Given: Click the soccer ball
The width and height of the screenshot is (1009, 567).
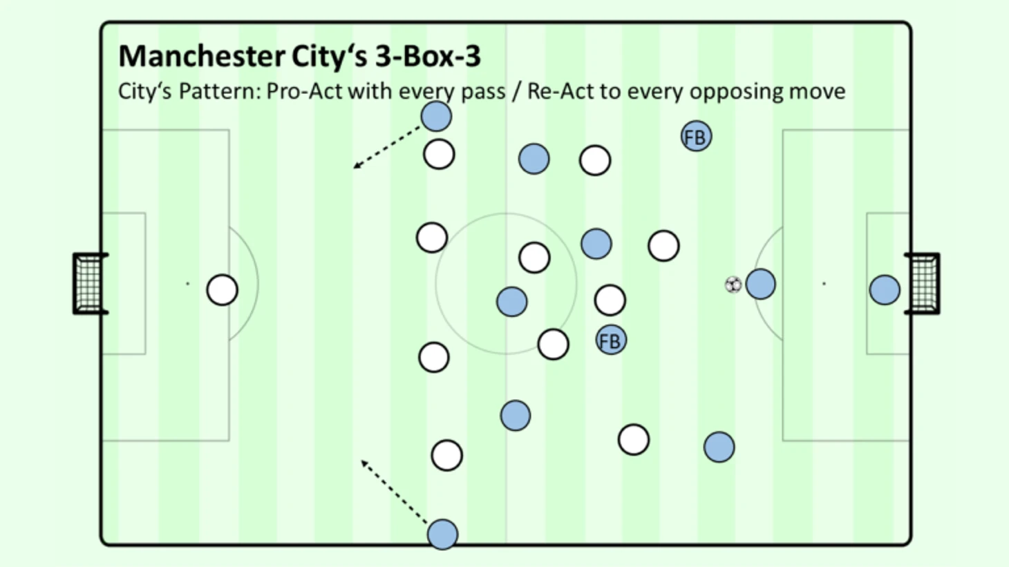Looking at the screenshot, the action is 733,285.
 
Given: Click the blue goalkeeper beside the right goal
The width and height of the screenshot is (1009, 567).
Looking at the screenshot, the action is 885,290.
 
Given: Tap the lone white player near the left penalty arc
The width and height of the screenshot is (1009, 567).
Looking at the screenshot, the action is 223,290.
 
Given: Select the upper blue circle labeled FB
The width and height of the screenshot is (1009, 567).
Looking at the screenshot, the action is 697,136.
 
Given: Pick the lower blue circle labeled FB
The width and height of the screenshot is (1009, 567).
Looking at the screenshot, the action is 611,340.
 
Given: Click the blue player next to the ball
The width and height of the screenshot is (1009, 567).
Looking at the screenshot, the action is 761,284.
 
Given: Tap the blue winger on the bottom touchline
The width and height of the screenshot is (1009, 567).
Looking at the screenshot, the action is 443,535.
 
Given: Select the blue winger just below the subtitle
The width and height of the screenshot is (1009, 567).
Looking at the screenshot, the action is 437,116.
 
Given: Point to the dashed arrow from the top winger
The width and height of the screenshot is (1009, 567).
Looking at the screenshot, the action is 386,148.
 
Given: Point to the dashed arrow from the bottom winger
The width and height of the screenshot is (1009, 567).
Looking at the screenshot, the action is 394,492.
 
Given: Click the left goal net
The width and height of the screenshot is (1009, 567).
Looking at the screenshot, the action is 90,283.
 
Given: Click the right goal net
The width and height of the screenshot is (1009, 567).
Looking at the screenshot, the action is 923,283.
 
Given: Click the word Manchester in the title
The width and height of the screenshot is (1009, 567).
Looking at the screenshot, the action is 202,56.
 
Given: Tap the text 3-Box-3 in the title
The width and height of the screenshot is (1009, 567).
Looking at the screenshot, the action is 428,56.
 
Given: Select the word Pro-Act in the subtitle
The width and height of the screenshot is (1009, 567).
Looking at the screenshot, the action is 305,91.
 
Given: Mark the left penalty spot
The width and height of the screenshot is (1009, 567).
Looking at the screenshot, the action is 188,283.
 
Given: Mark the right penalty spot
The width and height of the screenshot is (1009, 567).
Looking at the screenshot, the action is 824,283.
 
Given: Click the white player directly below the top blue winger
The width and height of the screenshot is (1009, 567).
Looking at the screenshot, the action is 439,154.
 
